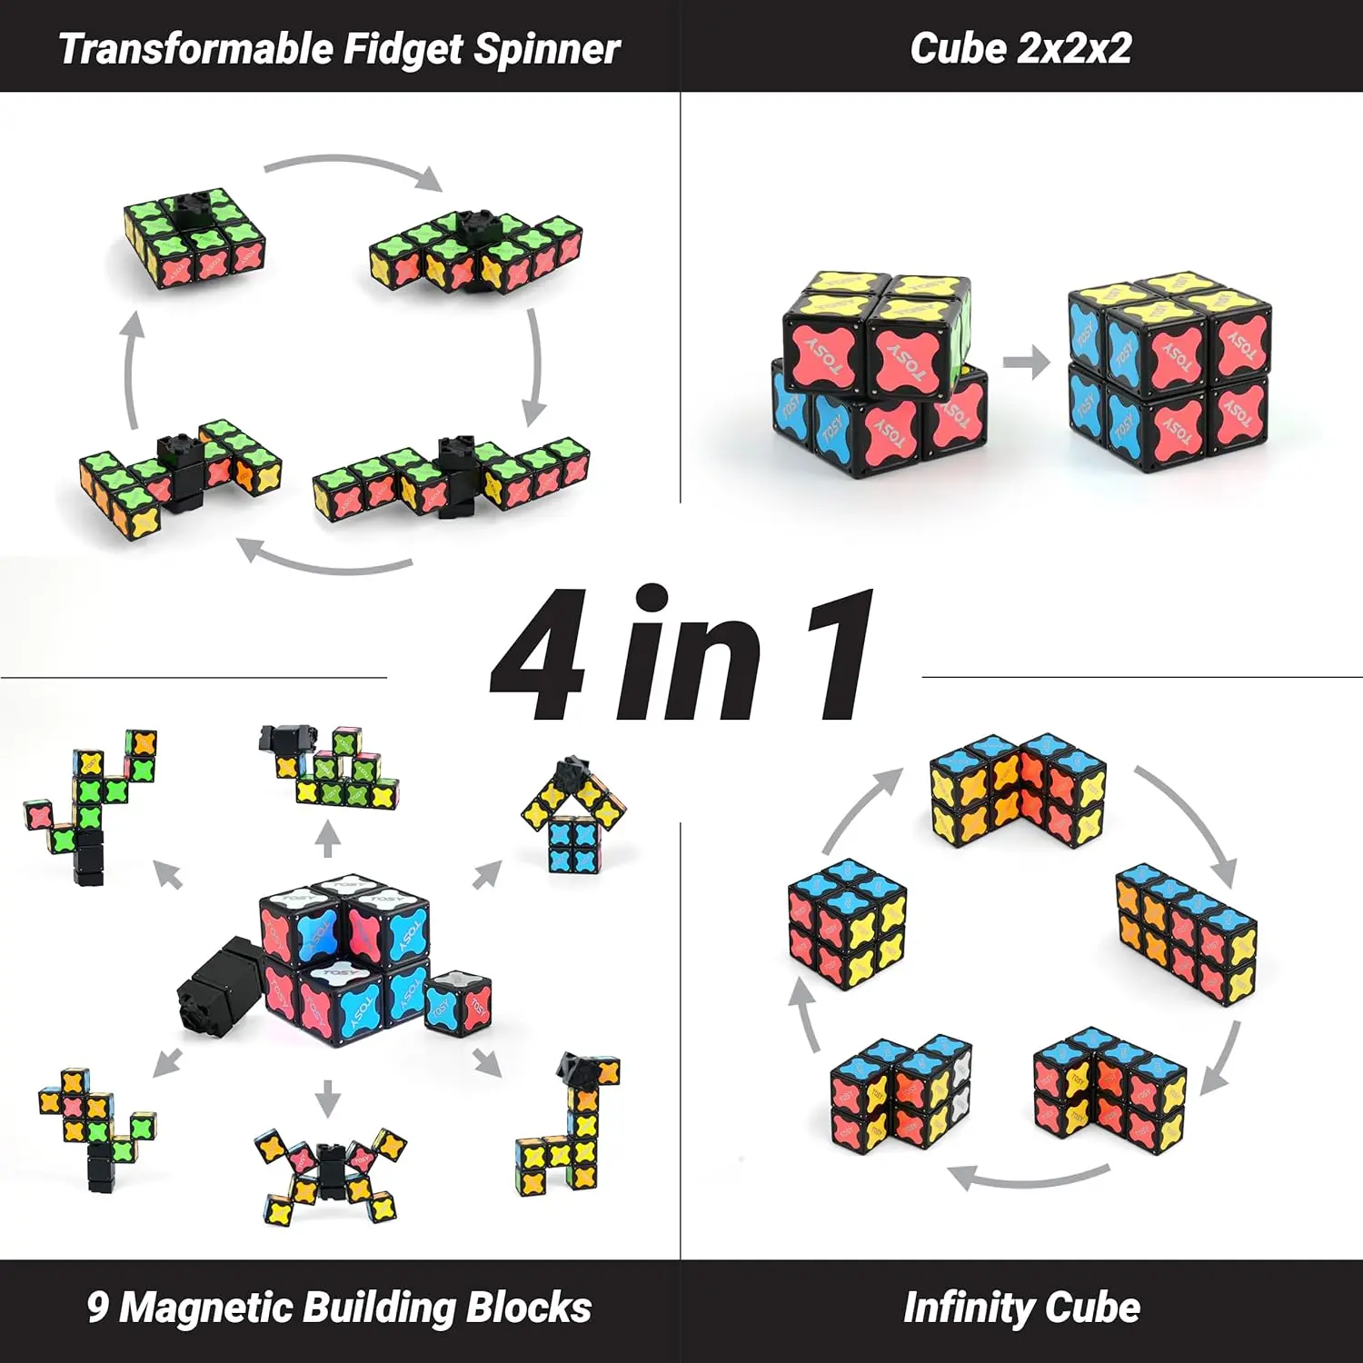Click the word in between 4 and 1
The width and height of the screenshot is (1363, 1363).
coord(689,655)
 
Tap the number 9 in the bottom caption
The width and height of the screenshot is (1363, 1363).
coord(98,1308)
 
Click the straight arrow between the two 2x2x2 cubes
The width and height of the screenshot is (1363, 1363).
coord(1026,363)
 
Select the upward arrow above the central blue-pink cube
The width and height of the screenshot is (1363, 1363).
coord(328,839)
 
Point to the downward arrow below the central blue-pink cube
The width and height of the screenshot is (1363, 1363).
coord(328,1098)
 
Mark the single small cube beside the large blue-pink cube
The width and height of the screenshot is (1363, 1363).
coord(458,1004)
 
